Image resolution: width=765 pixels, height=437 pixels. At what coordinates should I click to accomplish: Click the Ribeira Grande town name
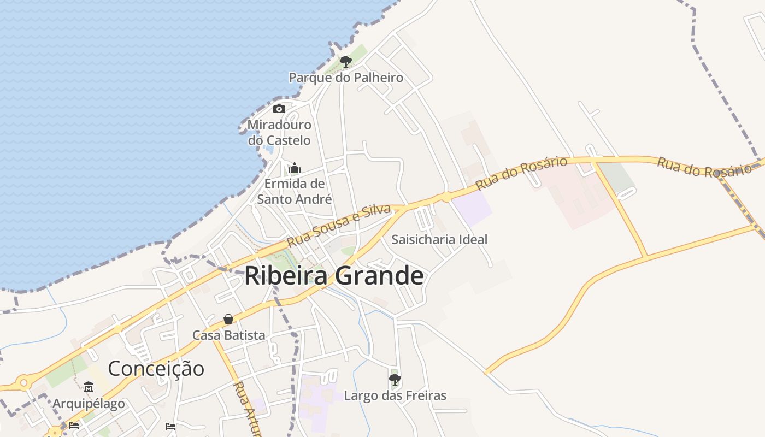pyautogui.click(x=334, y=276)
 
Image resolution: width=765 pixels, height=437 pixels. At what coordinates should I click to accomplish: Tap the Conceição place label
pyautogui.click(x=156, y=368)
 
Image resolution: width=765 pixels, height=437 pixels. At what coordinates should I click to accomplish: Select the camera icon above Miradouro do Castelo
pyautogui.click(x=279, y=109)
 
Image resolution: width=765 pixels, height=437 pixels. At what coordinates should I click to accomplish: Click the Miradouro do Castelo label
pyautogui.click(x=279, y=133)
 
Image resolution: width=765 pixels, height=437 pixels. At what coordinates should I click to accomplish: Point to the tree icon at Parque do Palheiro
pyautogui.click(x=345, y=61)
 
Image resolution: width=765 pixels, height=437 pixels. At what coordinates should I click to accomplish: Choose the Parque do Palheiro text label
pyautogui.click(x=346, y=78)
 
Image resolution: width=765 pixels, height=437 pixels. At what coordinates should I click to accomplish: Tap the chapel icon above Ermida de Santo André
pyautogui.click(x=295, y=167)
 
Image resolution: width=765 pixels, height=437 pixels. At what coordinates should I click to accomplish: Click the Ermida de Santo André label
pyautogui.click(x=295, y=191)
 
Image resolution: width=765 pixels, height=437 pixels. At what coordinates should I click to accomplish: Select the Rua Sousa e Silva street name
pyautogui.click(x=339, y=225)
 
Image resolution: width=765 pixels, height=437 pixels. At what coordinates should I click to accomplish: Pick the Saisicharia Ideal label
pyautogui.click(x=439, y=239)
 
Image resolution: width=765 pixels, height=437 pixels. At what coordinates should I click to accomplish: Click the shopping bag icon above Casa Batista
pyautogui.click(x=228, y=319)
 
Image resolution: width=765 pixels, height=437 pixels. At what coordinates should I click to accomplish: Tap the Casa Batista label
pyautogui.click(x=228, y=335)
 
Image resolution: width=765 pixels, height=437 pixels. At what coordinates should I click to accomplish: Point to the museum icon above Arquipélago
pyautogui.click(x=89, y=387)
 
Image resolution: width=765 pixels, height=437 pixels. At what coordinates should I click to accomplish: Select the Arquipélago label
pyautogui.click(x=89, y=404)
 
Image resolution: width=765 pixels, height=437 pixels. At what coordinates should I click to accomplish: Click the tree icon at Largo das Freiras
pyautogui.click(x=395, y=379)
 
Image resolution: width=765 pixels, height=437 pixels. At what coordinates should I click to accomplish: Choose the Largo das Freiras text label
pyautogui.click(x=395, y=395)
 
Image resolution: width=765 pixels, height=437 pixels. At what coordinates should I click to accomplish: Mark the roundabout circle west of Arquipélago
pyautogui.click(x=23, y=383)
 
